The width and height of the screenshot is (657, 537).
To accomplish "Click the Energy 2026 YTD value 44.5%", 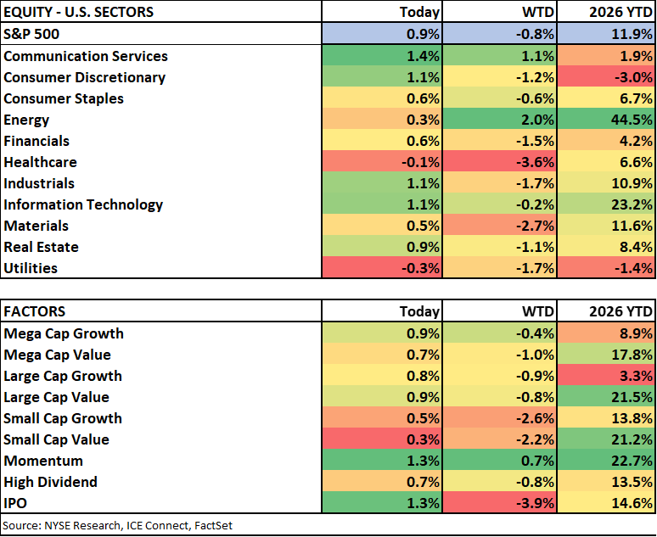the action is pyautogui.click(x=632, y=120).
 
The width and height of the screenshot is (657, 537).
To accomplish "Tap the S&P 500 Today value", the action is pyautogui.click(x=423, y=34).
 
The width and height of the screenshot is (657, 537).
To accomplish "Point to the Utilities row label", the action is pyautogui.click(x=31, y=268).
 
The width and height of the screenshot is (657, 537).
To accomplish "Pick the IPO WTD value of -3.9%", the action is pyautogui.click(x=535, y=503).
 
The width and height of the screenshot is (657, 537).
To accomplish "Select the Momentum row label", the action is pyautogui.click(x=43, y=461).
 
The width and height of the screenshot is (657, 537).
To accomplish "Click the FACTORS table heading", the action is pyautogui.click(x=34, y=311).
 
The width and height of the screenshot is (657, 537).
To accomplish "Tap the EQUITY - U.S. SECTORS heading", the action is pyautogui.click(x=78, y=12).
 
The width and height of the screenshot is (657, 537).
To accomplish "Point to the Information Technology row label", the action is pyautogui.click(x=83, y=204).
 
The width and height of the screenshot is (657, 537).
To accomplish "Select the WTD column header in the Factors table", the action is pyautogui.click(x=538, y=311).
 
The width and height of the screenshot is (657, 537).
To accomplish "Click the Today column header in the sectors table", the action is pyautogui.click(x=419, y=12).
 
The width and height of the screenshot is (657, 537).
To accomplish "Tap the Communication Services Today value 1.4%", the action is pyautogui.click(x=423, y=56).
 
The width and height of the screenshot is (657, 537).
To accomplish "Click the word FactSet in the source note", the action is pyautogui.click(x=213, y=526).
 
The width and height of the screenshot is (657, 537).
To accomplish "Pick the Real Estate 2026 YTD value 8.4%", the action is pyautogui.click(x=636, y=247).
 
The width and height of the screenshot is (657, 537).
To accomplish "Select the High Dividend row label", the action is pyautogui.click(x=50, y=482).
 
